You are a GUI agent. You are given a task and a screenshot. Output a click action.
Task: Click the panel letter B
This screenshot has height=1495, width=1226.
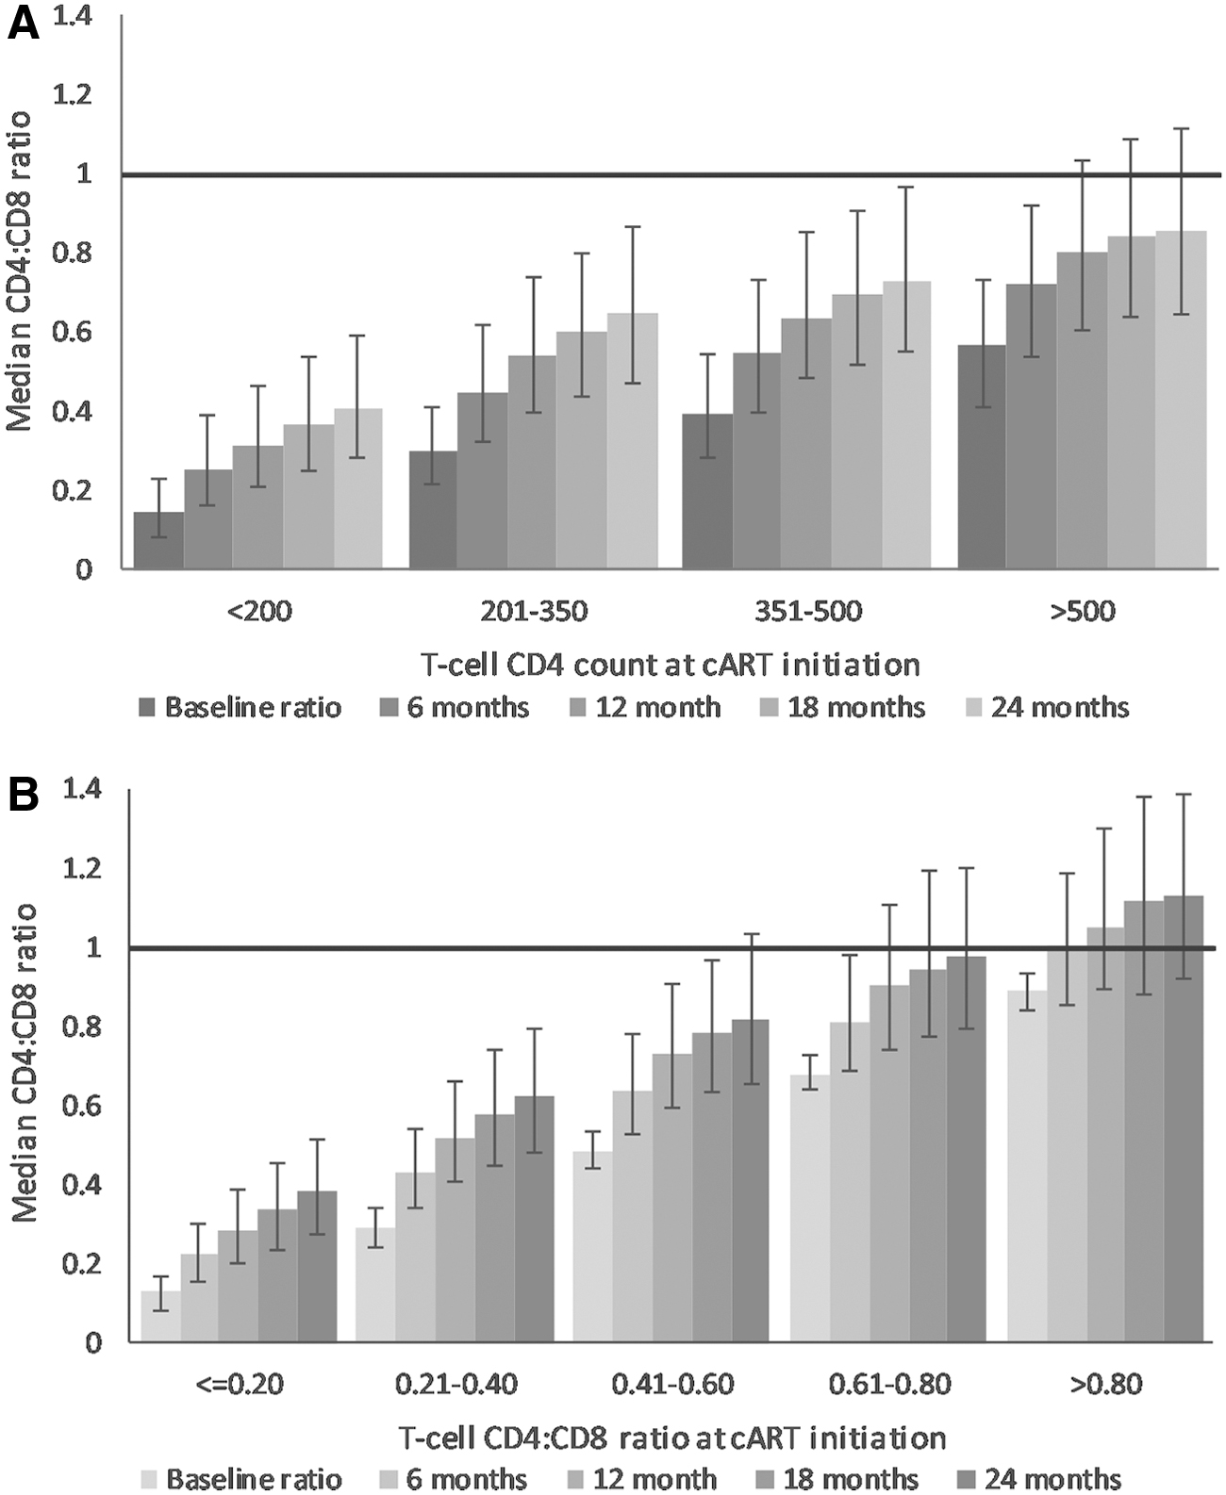coord(23,797)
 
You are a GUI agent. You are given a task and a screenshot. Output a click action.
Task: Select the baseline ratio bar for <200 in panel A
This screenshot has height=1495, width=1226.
coord(158,540)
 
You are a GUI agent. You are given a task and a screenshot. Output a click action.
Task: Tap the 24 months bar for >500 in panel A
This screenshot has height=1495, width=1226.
coord(1182,400)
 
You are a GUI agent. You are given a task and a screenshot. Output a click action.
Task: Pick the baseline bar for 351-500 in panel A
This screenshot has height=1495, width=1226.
coord(707,491)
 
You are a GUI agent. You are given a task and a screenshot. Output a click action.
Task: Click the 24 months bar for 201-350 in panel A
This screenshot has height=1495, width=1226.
coord(633,441)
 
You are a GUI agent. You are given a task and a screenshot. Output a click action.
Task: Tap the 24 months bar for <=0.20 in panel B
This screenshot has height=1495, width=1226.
coord(317,1266)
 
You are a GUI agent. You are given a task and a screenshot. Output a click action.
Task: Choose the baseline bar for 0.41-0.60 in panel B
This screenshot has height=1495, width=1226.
coord(593,1246)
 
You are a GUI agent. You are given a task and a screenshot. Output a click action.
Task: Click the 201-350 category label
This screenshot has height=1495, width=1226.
coord(534,612)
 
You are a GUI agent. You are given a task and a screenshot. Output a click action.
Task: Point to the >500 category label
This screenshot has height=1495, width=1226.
coord(1083,612)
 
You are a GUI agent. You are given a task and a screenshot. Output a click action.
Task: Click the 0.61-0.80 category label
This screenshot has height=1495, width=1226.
coord(889,1384)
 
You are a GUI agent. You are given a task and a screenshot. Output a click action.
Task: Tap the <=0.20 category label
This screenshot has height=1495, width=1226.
coord(240,1384)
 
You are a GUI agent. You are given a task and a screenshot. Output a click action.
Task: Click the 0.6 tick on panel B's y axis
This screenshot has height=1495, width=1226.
coord(82,1109)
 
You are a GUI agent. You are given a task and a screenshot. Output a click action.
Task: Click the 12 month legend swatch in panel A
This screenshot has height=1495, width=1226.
coord(578,708)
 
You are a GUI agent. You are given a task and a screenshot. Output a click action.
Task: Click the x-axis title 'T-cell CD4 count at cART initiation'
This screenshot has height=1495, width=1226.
coord(671,665)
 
